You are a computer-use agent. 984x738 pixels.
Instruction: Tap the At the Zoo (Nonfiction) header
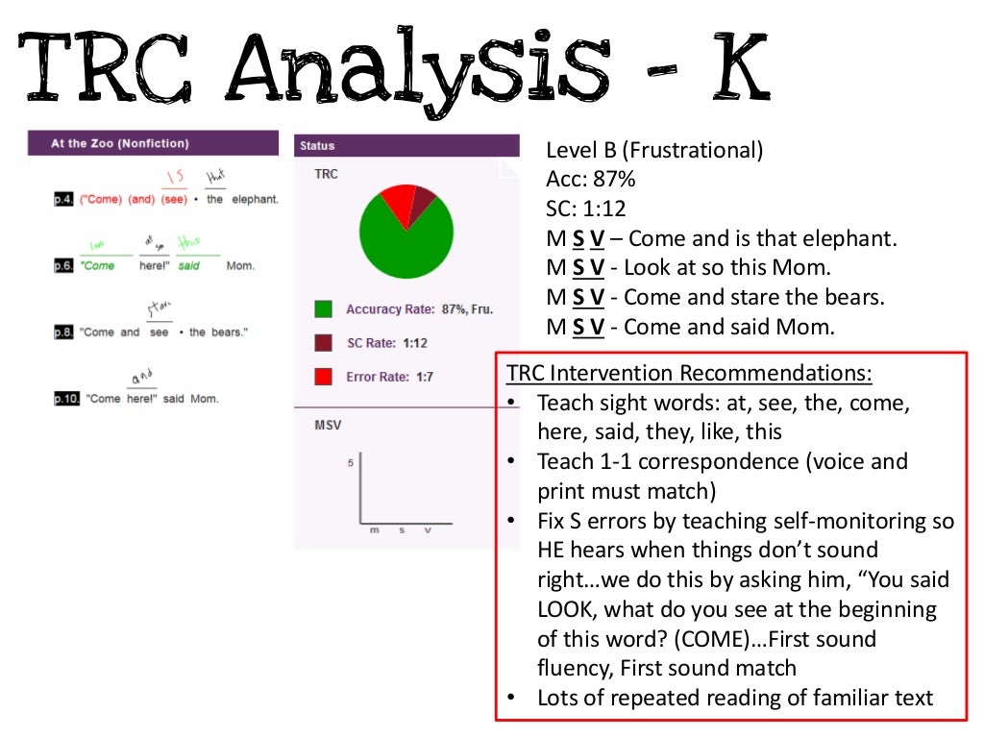coord(120,143)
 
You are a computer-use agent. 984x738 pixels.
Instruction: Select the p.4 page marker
coord(64,199)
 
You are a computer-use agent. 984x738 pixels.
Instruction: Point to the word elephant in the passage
coord(255,199)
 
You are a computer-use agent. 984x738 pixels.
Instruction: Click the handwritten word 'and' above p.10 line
coord(141,377)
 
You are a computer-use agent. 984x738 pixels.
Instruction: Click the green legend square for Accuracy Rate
coord(324,309)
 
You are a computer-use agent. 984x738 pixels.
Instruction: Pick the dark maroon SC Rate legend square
coord(324,343)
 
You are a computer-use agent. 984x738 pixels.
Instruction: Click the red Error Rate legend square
coord(324,377)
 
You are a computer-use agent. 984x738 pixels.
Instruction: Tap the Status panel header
coord(317,146)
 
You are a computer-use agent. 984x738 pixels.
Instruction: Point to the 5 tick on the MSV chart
coord(351,463)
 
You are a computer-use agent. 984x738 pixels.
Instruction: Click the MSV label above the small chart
coord(328,424)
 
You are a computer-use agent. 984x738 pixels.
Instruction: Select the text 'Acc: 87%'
coord(590,180)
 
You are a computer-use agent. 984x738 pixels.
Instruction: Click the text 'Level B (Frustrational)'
coord(654,150)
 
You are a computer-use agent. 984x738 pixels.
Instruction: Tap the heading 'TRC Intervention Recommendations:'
coord(689,373)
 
